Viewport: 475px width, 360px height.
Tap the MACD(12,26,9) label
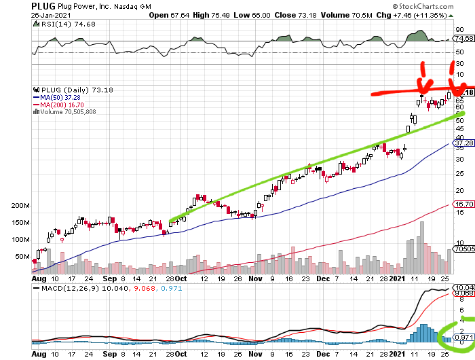75,289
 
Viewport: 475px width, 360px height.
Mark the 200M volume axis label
21,206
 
